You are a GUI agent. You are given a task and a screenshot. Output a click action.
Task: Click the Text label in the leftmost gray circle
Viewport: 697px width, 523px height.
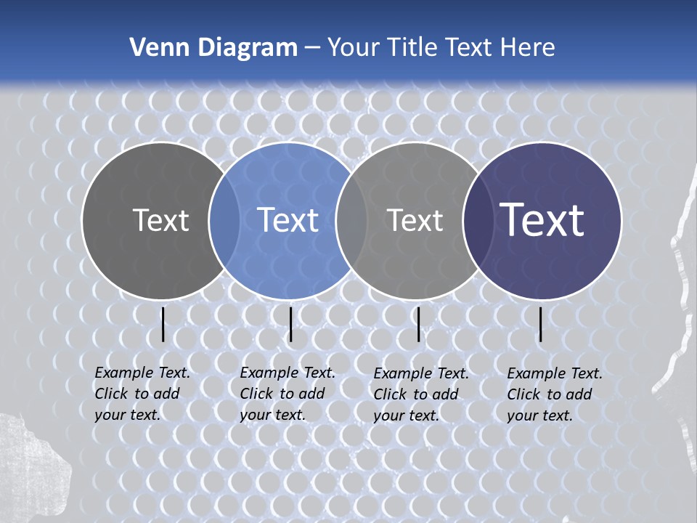tap(160, 220)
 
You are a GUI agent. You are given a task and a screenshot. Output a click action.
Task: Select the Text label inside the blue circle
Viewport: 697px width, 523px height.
tap(288, 220)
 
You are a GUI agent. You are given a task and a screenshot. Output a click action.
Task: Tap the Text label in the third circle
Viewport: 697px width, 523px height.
tap(415, 220)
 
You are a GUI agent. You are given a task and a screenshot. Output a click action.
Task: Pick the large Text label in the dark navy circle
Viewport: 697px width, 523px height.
tap(542, 219)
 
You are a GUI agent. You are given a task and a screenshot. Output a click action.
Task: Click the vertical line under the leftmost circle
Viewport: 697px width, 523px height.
tap(163, 324)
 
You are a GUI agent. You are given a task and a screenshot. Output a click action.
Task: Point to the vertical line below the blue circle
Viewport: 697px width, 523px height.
tap(290, 324)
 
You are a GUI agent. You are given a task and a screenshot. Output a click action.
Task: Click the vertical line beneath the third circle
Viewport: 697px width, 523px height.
tap(418, 324)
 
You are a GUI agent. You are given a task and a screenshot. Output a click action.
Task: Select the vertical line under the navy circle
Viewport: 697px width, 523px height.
tap(541, 324)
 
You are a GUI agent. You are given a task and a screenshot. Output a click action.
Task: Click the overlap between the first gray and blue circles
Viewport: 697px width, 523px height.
tap(224, 220)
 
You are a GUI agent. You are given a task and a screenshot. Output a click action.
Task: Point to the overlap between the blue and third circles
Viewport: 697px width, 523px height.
tap(351, 220)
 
